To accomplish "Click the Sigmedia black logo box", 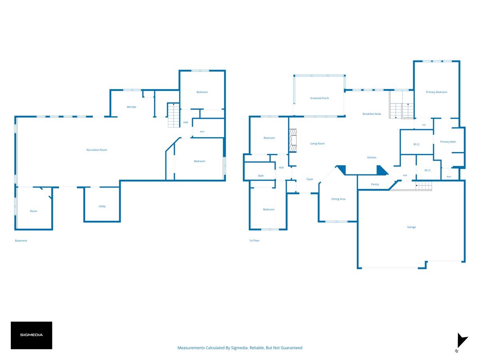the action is (x=32, y=335).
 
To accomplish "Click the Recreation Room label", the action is (x=97, y=150).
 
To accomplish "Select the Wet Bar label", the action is (x=132, y=107).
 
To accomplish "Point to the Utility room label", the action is (x=102, y=206).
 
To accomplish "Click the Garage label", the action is (x=411, y=227).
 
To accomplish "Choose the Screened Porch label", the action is (x=319, y=98).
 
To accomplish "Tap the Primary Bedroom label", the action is (x=436, y=92).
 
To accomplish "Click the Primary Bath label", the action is (x=448, y=142).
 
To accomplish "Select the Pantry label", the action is (x=375, y=184).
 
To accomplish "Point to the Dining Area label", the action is (x=338, y=199).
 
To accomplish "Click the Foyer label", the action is (x=310, y=179).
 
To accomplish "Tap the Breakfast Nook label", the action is (x=372, y=114).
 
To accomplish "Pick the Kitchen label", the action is (x=372, y=157).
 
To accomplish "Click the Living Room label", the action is (x=317, y=144).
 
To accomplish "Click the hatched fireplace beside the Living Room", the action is (x=292, y=140).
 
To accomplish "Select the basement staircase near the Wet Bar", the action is (x=174, y=115).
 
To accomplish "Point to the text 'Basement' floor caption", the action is (x=21, y=241).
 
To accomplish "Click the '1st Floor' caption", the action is (x=254, y=240).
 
